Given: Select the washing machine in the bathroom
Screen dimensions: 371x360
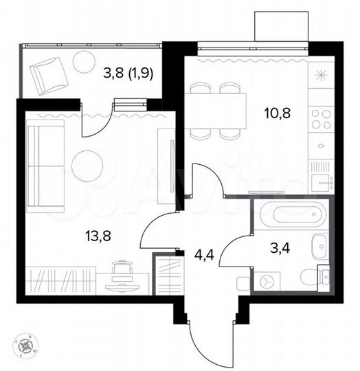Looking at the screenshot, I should coord(266,281).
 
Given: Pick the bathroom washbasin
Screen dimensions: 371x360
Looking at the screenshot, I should coord(320,245).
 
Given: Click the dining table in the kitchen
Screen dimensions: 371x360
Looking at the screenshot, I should coord(218,111).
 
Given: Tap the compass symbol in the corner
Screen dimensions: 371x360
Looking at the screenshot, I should coord(25,344).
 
